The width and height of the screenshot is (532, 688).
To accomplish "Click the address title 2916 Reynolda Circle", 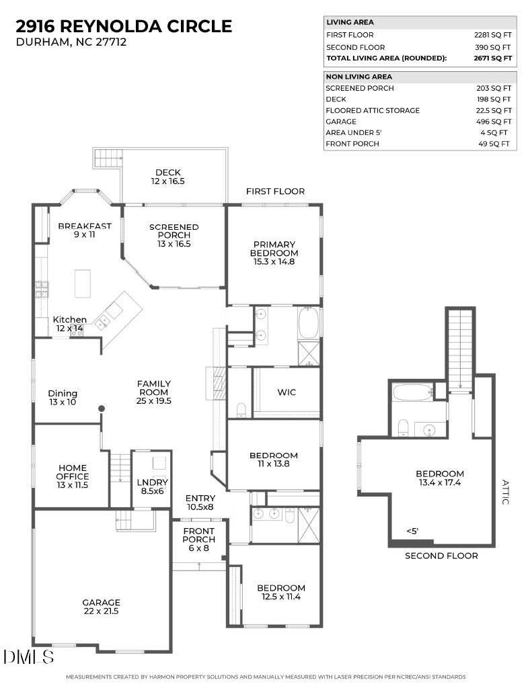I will [124, 26].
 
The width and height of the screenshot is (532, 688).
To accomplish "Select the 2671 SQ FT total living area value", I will [493, 58].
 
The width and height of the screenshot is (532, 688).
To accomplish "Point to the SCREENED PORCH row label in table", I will [360, 88].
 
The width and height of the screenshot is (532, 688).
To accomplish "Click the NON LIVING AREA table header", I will [349, 77].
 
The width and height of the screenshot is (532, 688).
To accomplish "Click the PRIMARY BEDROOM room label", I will [274, 253].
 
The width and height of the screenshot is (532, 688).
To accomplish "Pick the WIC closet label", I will [287, 392].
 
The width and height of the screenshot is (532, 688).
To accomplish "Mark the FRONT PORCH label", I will [199, 540].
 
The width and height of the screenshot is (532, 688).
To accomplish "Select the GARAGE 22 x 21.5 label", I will [101, 607].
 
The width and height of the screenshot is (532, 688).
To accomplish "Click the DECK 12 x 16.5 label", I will [167, 177].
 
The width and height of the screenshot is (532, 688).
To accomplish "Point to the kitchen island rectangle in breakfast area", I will [83, 284].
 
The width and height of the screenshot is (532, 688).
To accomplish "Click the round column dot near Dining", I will [102, 408].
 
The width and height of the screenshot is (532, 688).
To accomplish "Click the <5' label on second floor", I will [412, 531].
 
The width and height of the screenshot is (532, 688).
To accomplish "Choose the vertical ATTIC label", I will [506, 492].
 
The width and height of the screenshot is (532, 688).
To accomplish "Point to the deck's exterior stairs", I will [107, 159].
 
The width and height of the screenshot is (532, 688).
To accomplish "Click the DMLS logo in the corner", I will [28, 656].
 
